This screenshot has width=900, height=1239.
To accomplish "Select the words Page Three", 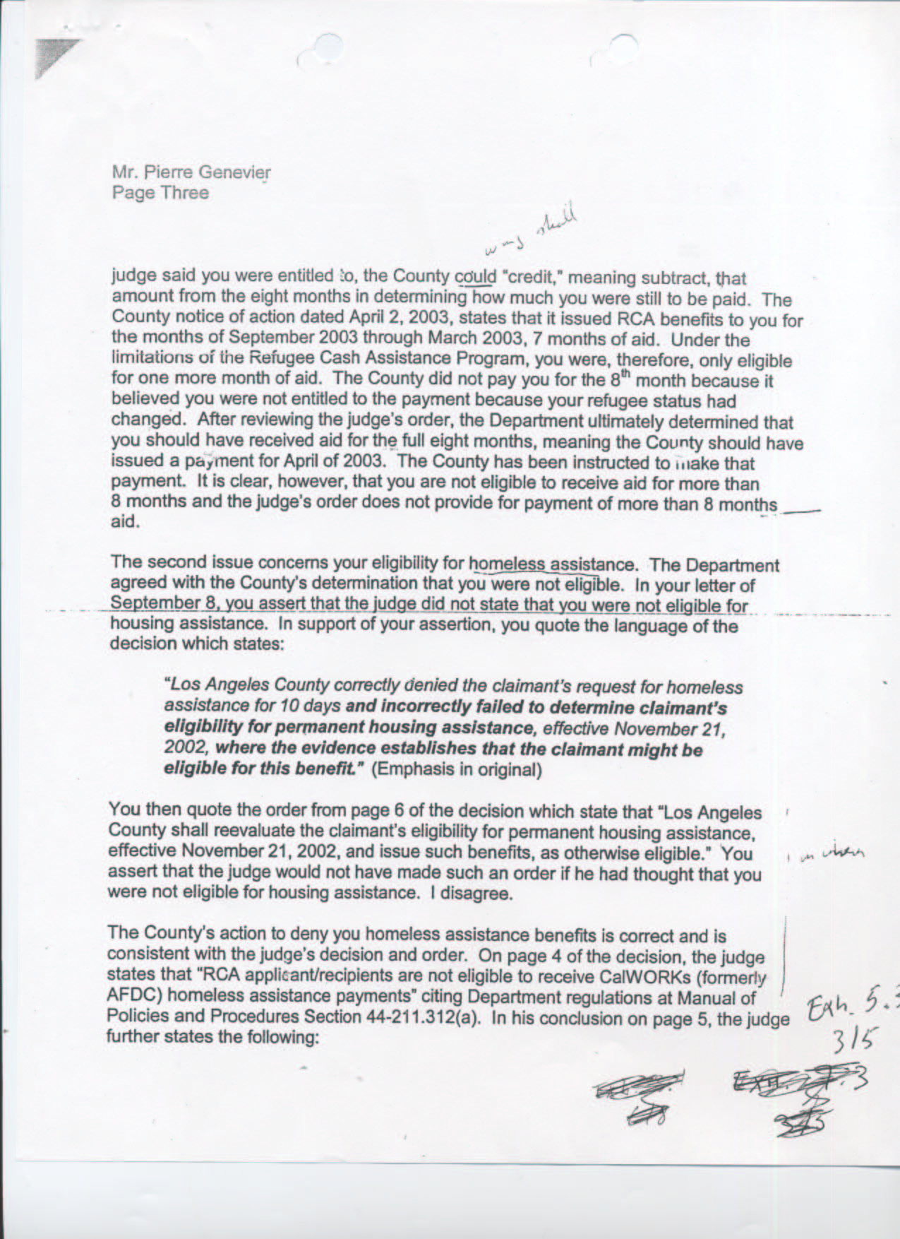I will coord(160,193).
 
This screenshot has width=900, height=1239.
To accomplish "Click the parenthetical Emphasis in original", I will coord(456,769).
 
